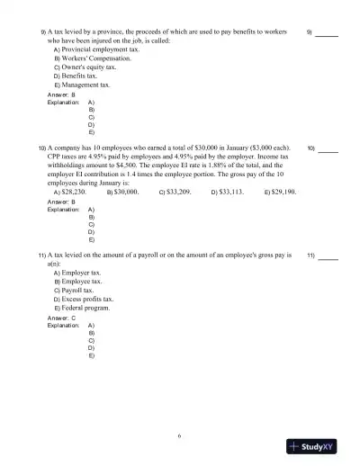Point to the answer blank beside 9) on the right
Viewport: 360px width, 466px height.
327,33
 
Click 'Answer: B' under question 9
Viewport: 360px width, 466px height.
62,94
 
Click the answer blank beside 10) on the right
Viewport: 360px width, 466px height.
328,148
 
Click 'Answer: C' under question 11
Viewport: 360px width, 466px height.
62,318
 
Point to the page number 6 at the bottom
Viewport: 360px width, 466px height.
180,436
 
